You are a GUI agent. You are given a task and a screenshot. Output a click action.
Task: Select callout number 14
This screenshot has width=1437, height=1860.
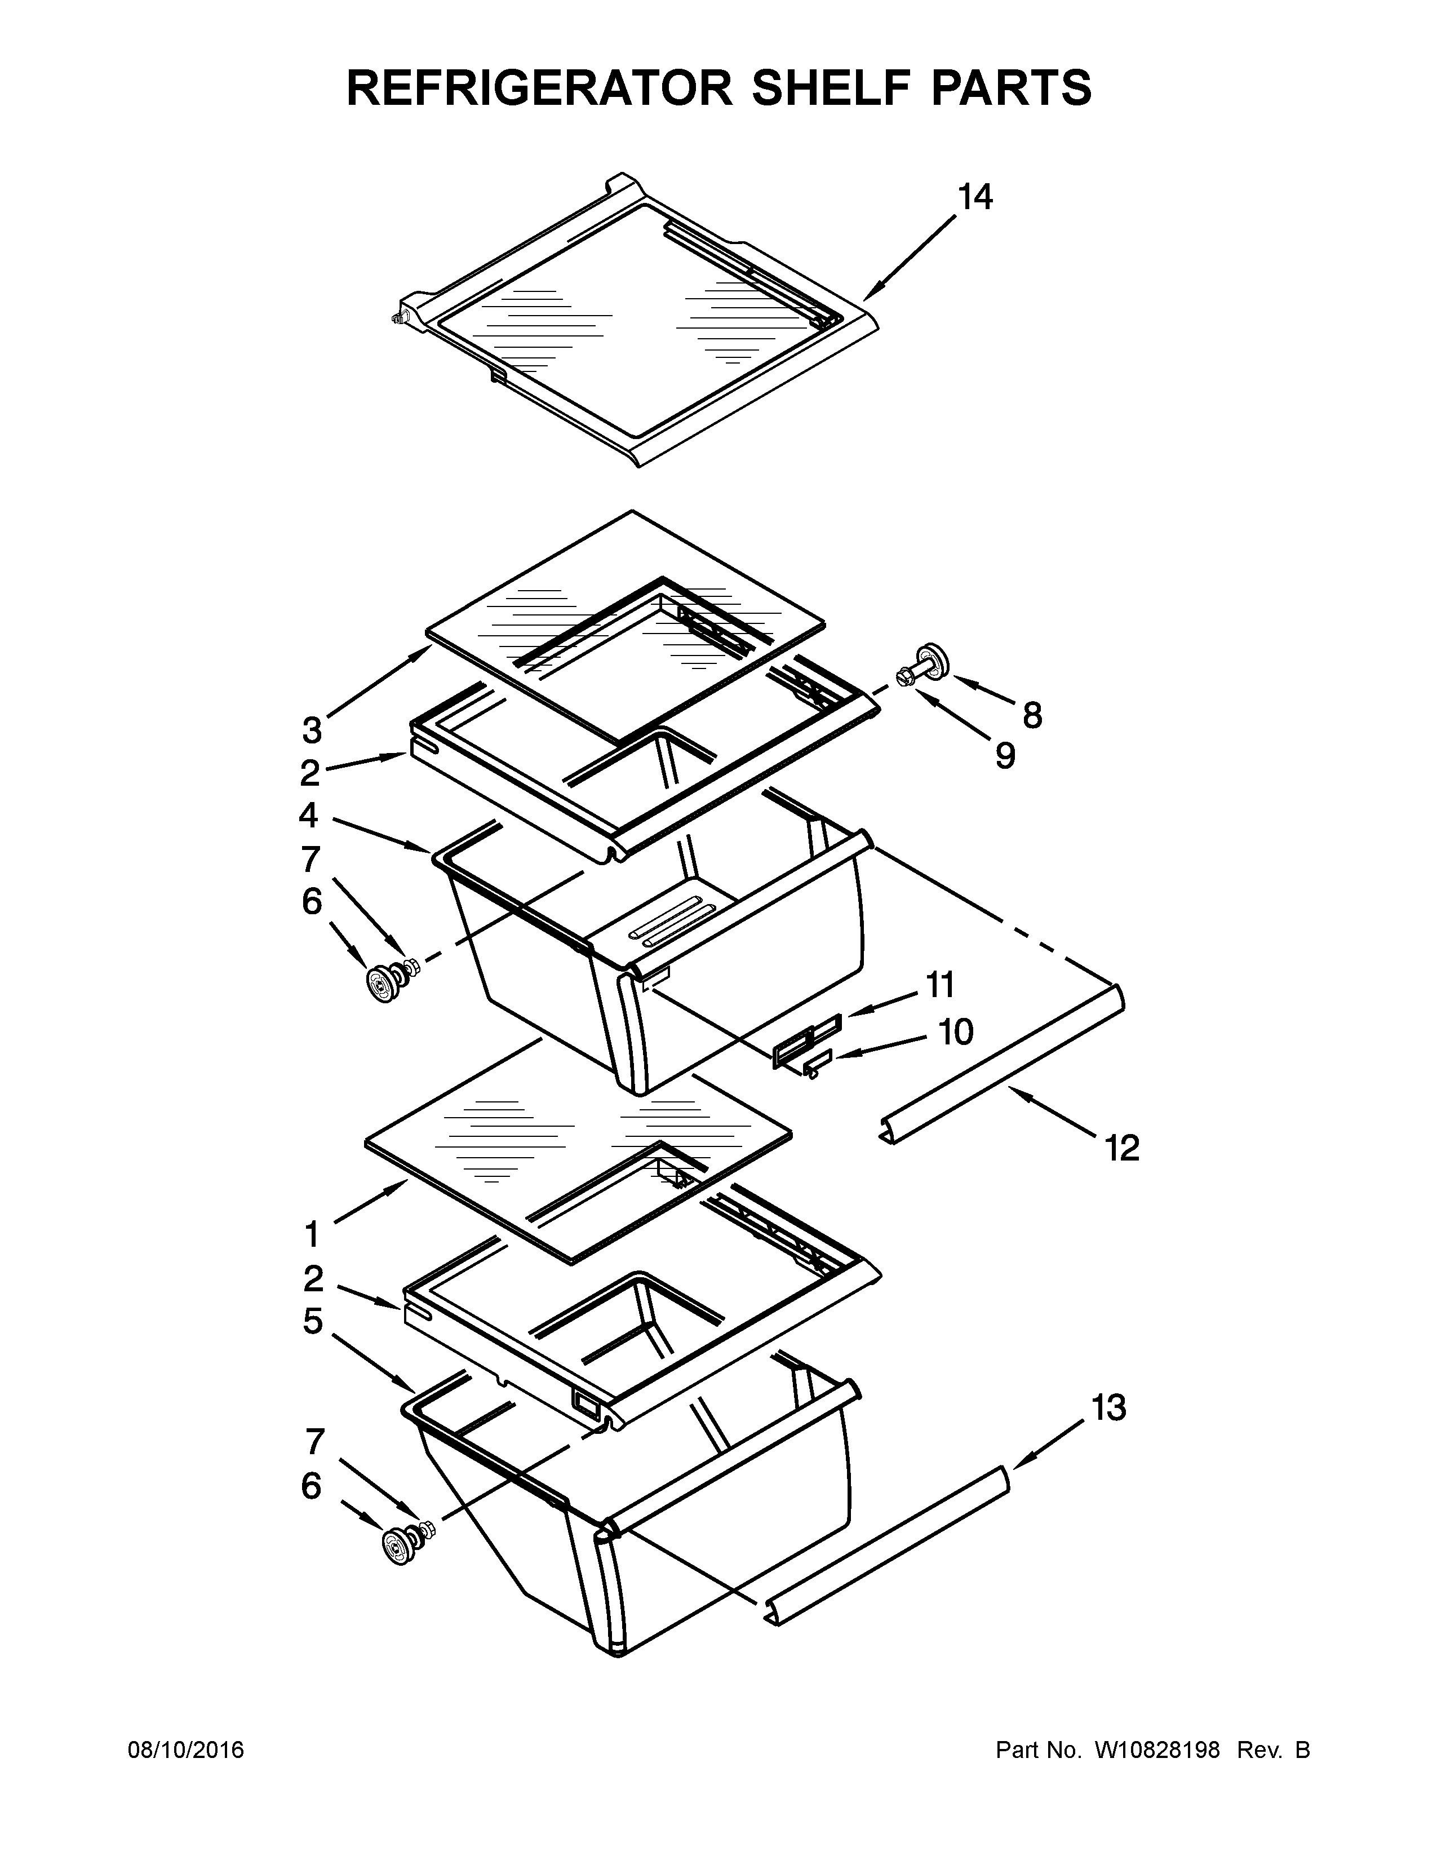(x=975, y=198)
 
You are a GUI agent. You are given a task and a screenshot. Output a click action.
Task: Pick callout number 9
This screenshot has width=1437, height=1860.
(x=1005, y=755)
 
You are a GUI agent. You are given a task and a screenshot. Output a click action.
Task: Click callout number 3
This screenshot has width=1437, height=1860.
(x=312, y=730)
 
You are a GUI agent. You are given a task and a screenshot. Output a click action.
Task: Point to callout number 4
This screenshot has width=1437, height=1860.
(x=308, y=815)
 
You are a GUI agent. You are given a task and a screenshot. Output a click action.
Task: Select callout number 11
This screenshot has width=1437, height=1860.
(x=940, y=985)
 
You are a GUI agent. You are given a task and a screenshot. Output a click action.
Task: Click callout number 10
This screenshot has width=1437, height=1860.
(x=955, y=1032)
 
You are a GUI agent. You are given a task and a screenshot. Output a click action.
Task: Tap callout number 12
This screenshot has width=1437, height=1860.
(x=1121, y=1149)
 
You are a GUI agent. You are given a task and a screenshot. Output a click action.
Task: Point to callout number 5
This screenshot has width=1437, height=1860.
(x=312, y=1321)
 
